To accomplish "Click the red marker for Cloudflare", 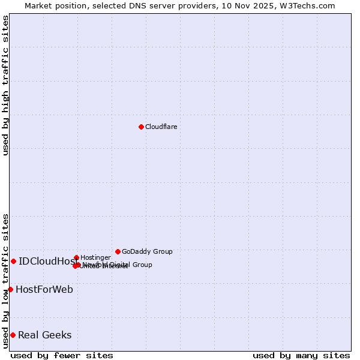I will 141,127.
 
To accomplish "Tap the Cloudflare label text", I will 161,127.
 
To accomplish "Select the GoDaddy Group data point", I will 118,251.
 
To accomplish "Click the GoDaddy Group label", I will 147,251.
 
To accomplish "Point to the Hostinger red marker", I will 76,257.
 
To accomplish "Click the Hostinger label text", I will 95,257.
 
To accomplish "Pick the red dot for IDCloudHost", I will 13,261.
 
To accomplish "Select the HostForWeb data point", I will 10,289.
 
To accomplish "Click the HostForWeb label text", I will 44,289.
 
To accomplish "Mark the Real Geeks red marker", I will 13,335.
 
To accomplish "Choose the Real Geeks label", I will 44,335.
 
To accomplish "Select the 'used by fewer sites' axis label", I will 62,355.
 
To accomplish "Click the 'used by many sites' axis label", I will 301,355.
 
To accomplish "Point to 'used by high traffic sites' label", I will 5,86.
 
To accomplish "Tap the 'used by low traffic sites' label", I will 5,281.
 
